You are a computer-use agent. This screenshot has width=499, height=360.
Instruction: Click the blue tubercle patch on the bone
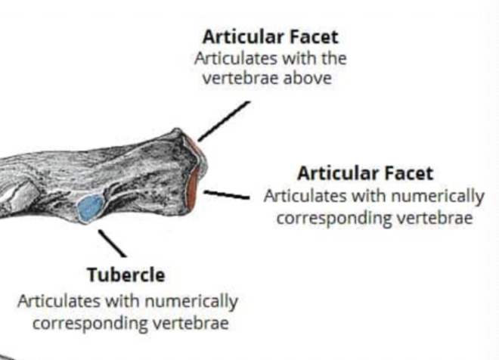pyautogui.click(x=89, y=207)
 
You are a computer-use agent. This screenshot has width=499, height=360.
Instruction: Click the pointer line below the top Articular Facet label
pyautogui.click(x=223, y=121)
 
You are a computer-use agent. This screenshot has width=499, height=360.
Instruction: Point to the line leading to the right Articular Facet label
pyautogui.click(x=226, y=195)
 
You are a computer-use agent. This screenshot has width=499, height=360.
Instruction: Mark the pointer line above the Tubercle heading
pyautogui.click(x=113, y=244)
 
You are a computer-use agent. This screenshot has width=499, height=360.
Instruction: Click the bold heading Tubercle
pyautogui.click(x=126, y=275)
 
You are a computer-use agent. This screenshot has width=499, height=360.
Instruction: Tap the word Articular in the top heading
pyautogui.click(x=239, y=36)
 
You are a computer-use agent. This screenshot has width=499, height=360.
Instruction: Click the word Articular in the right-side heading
pyautogui.click(x=335, y=173)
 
